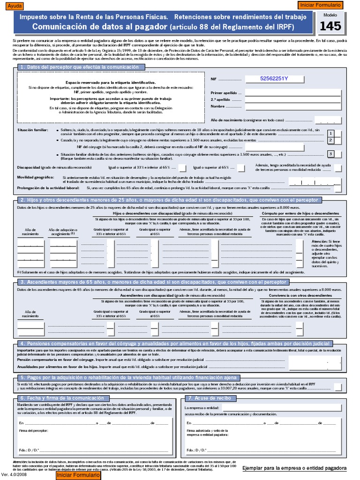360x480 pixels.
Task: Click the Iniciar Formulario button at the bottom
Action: point(78,475)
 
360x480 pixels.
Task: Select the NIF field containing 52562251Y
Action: point(274,79)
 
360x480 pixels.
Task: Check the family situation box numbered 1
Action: point(331,134)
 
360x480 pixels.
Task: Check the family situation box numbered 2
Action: point(331,140)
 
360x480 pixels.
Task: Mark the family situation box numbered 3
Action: point(331,154)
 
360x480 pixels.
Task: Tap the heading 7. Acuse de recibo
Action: point(210,398)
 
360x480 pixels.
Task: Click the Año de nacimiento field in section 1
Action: point(331,120)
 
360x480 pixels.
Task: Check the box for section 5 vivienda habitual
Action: point(337,387)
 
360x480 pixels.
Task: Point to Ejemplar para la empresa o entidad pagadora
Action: point(294,468)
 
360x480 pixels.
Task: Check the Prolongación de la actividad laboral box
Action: point(337,188)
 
